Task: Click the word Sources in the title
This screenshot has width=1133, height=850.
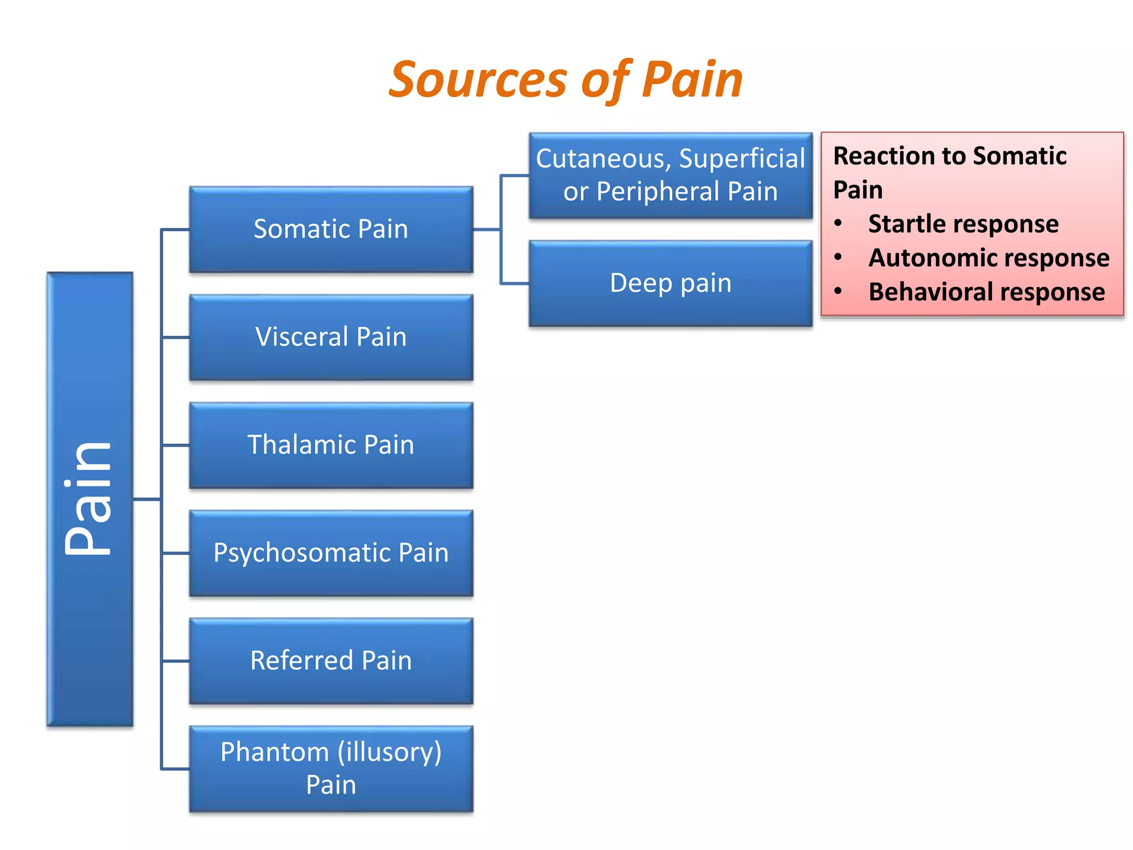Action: [477, 80]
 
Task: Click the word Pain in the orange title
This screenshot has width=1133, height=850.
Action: [692, 80]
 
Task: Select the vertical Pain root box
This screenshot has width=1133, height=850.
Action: [90, 499]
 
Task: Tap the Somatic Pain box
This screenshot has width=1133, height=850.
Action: [331, 229]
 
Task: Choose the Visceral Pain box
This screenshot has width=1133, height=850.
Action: [331, 337]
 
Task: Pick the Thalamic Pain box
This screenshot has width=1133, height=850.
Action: [331, 445]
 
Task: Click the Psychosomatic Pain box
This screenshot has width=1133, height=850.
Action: [331, 553]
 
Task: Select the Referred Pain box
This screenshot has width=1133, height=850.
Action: [331, 661]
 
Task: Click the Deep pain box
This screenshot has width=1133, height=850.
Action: [671, 283]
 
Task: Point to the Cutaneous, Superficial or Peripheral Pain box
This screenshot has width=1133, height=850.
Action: [671, 175]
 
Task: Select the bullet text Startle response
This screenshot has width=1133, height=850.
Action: [963, 224]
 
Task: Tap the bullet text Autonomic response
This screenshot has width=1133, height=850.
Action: [989, 258]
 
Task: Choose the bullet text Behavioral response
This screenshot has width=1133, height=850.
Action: [986, 292]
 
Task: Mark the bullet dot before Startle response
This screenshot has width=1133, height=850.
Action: [839, 223]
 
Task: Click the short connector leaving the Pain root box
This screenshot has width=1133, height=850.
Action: [147, 499]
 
